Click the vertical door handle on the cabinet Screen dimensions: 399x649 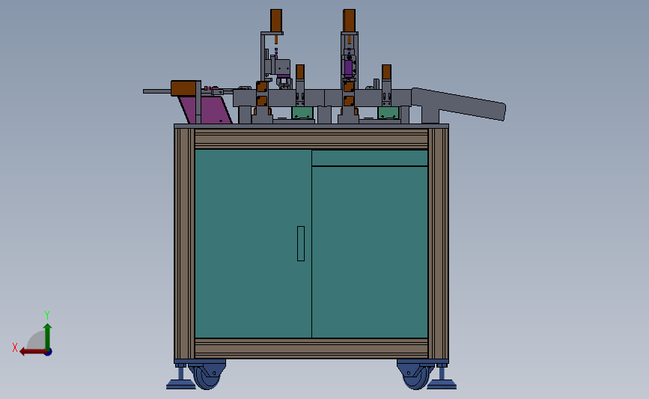(x=301, y=243)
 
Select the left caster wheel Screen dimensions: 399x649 (x=207, y=375)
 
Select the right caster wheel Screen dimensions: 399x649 (x=415, y=375)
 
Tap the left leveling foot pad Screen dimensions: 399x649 (x=180, y=385)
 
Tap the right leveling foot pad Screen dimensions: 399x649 (x=442, y=385)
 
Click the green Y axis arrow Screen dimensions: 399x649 (x=47, y=333)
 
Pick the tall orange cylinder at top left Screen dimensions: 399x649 (x=276, y=19)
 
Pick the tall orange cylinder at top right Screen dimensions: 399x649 (x=350, y=19)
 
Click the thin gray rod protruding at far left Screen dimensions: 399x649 (x=156, y=91)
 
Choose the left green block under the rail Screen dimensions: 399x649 (x=302, y=113)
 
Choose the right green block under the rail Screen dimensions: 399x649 (x=388, y=113)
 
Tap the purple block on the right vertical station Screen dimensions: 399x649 (x=348, y=67)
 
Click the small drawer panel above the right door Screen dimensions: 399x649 (x=370, y=158)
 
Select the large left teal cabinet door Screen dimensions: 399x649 (x=252, y=243)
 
